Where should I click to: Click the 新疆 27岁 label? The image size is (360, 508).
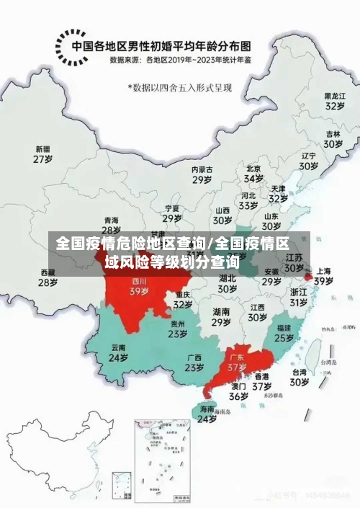click(x=44, y=155)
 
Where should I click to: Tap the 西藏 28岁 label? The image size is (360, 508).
click(x=48, y=277)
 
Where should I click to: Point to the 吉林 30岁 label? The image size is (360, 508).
click(x=332, y=138)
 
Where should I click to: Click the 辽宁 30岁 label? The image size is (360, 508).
click(x=309, y=160)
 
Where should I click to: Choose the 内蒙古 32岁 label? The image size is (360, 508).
click(x=202, y=174)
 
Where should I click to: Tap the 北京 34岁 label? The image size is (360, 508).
click(x=253, y=173)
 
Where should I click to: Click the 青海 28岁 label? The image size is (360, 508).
click(x=111, y=225)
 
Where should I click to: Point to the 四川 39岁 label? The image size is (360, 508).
click(x=139, y=287)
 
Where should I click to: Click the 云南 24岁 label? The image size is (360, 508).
click(x=118, y=352)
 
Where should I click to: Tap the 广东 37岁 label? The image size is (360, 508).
click(x=236, y=362)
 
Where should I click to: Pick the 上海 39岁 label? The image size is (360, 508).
click(x=323, y=276)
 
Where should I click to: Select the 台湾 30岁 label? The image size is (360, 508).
click(x=299, y=378)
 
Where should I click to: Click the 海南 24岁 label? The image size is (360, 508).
click(x=207, y=413)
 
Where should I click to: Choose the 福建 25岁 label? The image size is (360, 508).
click(x=284, y=332)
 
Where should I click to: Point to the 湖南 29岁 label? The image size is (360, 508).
click(x=221, y=317)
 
